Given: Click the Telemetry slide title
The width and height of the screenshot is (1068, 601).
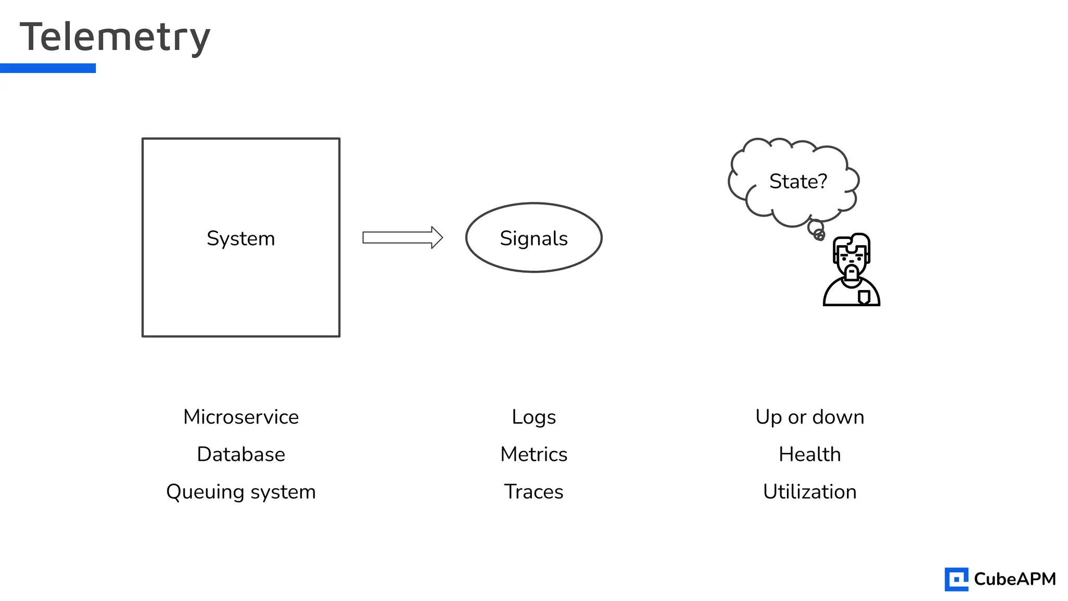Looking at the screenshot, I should coord(115,38).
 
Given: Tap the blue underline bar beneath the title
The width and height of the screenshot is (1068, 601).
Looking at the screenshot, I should coord(48,68).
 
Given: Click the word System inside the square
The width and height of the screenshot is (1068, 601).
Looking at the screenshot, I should coord(240,238).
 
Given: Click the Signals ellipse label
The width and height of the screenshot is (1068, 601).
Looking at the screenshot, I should coord(533,238).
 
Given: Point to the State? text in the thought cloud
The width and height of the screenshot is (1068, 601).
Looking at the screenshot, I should coord(798,182).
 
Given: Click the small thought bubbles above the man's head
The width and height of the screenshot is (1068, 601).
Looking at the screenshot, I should coord(817,230).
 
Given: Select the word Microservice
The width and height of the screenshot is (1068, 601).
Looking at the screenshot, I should coord(241,417).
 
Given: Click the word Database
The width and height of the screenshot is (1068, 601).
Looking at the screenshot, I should coord(241,454).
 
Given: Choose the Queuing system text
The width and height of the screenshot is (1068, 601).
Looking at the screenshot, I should coord(241,492).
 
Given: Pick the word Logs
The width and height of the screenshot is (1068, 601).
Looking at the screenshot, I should coord(533,417).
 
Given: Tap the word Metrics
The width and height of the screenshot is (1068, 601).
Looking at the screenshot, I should coord(533,454).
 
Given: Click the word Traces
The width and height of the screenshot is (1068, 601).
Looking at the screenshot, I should coord(533,492).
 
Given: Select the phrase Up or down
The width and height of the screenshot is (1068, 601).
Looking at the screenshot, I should coord(809,417).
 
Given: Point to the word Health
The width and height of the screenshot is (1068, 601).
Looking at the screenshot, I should coord(809,454).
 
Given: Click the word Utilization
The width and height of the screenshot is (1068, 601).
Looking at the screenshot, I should coord(809,492).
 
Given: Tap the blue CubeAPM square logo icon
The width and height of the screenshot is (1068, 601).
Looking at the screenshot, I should coord(956,579).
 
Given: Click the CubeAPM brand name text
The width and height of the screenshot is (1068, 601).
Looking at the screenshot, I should coord(1014,579).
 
